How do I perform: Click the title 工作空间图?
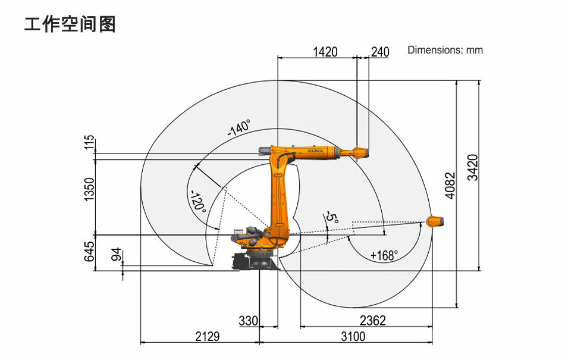tap(70, 24)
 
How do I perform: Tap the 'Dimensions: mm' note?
tap(445, 50)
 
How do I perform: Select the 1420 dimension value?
tap(325, 52)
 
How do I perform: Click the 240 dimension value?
tap(380, 52)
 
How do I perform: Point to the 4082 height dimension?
tap(450, 186)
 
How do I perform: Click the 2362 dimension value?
tap(372, 320)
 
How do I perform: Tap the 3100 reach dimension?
tap(353, 337)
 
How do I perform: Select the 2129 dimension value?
tap(207, 337)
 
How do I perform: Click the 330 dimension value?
tap(248, 321)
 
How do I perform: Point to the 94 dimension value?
tap(117, 255)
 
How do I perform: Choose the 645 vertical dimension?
tap(89, 252)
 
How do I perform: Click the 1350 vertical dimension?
tap(89, 189)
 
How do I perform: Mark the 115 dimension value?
tap(89, 143)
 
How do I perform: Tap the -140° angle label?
tap(239, 127)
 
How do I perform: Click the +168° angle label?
tap(384, 255)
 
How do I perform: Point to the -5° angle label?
tap(332, 218)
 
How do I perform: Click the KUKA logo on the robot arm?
tap(315, 151)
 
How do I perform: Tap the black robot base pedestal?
tap(256, 261)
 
